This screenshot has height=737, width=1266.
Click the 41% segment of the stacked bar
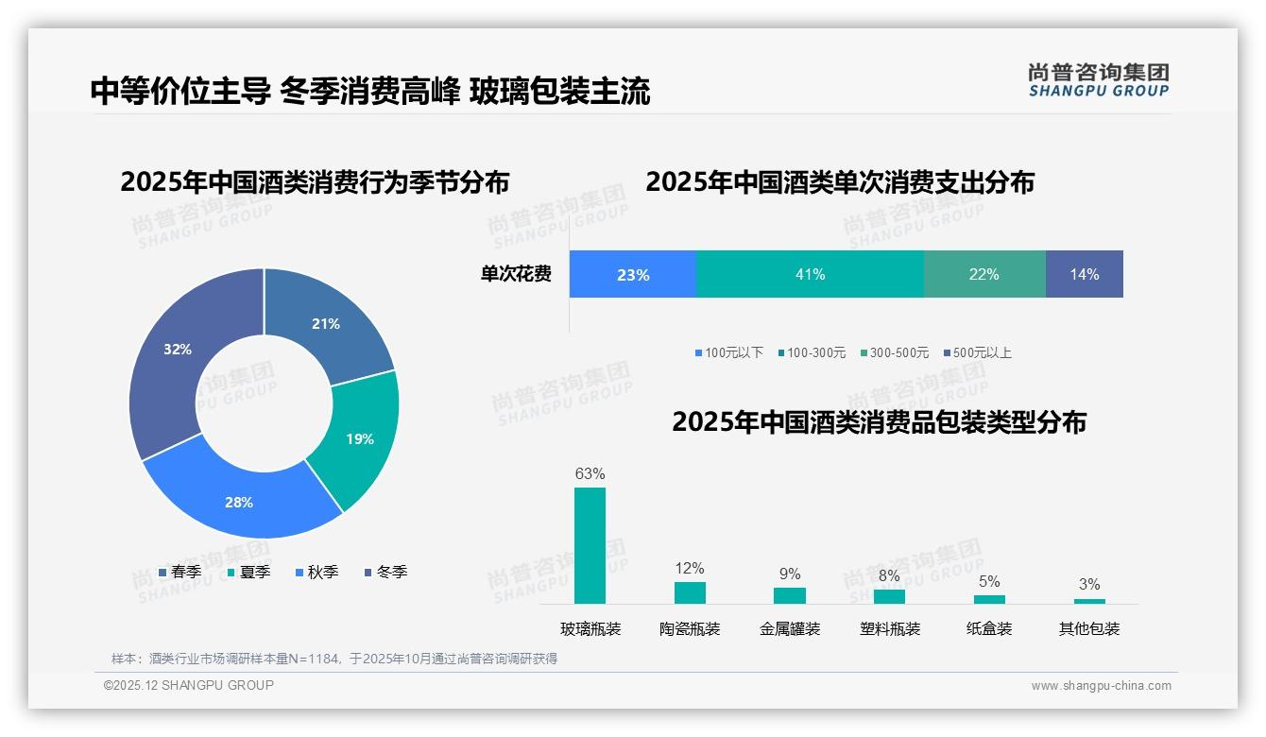(810, 274)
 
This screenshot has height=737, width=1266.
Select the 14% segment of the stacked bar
(1084, 274)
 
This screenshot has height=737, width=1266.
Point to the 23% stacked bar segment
(632, 274)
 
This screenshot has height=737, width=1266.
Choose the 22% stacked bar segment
(984, 274)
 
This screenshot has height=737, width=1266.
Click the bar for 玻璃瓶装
(590, 545)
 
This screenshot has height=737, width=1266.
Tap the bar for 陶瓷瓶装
(690, 592)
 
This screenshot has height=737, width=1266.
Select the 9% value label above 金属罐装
(790, 574)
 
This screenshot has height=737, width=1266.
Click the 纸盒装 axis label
(989, 628)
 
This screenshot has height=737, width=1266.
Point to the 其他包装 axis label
(1088, 628)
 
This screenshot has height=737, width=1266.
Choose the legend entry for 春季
(180, 572)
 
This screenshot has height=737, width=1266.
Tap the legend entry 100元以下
(728, 352)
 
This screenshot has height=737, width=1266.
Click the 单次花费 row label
(516, 274)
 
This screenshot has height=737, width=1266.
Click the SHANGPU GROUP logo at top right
(1098, 79)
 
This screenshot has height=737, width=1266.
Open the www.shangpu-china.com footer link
(1101, 685)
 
